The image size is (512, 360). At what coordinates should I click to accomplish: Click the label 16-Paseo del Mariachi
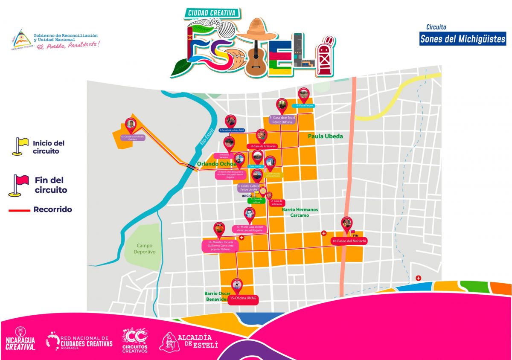point(349,241)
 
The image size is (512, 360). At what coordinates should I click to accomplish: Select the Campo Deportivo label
point(145,249)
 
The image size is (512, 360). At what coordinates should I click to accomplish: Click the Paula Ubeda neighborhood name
point(326,136)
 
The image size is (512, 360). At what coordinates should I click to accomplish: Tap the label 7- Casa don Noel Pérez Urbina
point(282,119)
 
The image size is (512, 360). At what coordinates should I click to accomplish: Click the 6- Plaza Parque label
point(303,105)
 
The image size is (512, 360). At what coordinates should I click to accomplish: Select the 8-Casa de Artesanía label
point(262,146)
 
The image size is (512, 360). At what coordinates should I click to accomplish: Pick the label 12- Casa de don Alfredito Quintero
point(133,138)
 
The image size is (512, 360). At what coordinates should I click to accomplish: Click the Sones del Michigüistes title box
point(463,39)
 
